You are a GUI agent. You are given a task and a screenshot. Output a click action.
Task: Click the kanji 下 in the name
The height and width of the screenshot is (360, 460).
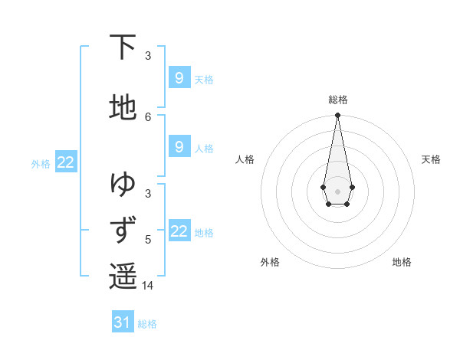tap(123, 47)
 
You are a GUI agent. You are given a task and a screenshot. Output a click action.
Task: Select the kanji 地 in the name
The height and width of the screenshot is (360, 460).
tap(123, 108)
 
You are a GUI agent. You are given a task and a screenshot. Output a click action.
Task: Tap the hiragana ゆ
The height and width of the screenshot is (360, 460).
tap(123, 184)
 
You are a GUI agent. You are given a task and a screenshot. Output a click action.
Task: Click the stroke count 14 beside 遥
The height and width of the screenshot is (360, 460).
tap(148, 286)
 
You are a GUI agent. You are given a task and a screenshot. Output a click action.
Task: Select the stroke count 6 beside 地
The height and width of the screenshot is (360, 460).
tap(148, 116)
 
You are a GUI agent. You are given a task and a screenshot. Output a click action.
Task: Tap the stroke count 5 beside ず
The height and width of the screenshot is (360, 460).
tap(148, 239)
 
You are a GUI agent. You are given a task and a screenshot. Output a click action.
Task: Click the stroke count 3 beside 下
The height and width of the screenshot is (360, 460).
tap(148, 55)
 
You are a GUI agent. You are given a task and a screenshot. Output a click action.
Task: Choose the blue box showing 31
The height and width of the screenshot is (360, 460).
tap(123, 322)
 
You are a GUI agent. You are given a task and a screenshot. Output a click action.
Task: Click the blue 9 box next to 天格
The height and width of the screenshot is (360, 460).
tap(179, 77)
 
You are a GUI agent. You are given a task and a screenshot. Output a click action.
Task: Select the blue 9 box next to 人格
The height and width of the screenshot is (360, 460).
tap(179, 146)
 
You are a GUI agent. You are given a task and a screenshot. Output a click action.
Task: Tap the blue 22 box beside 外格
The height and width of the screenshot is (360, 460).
tap(66, 162)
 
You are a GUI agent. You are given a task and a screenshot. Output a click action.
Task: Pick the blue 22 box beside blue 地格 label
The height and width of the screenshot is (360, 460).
tap(179, 231)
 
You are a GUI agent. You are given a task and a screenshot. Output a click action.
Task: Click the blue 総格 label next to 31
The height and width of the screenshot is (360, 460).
tap(147, 324)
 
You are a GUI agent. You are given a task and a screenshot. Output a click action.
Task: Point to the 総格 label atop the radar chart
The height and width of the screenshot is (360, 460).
tap(337, 100)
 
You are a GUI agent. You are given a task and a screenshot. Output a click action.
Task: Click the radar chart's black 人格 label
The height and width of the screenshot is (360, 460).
tap(245, 159)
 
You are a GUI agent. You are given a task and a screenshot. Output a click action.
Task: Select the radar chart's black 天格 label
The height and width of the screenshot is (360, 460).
tap(431, 159)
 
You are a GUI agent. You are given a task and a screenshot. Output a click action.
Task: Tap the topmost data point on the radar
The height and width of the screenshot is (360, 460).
tap(337, 116)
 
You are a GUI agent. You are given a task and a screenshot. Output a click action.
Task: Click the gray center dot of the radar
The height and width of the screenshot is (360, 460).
tap(337, 190)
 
